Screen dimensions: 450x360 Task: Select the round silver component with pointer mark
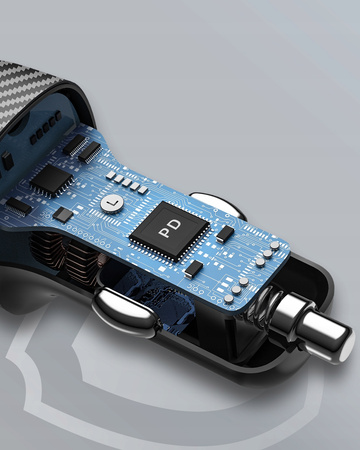114,204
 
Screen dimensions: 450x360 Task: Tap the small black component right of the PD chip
226,233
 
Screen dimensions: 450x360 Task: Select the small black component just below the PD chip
193,268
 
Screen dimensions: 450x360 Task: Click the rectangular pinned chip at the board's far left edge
18,206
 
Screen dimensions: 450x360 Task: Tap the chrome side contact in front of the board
124,312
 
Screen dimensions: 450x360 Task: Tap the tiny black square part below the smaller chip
62,214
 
